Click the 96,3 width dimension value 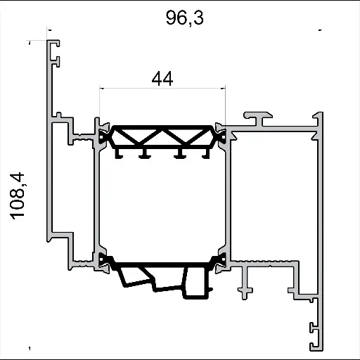tap(185, 18)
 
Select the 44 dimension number tap(162, 79)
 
